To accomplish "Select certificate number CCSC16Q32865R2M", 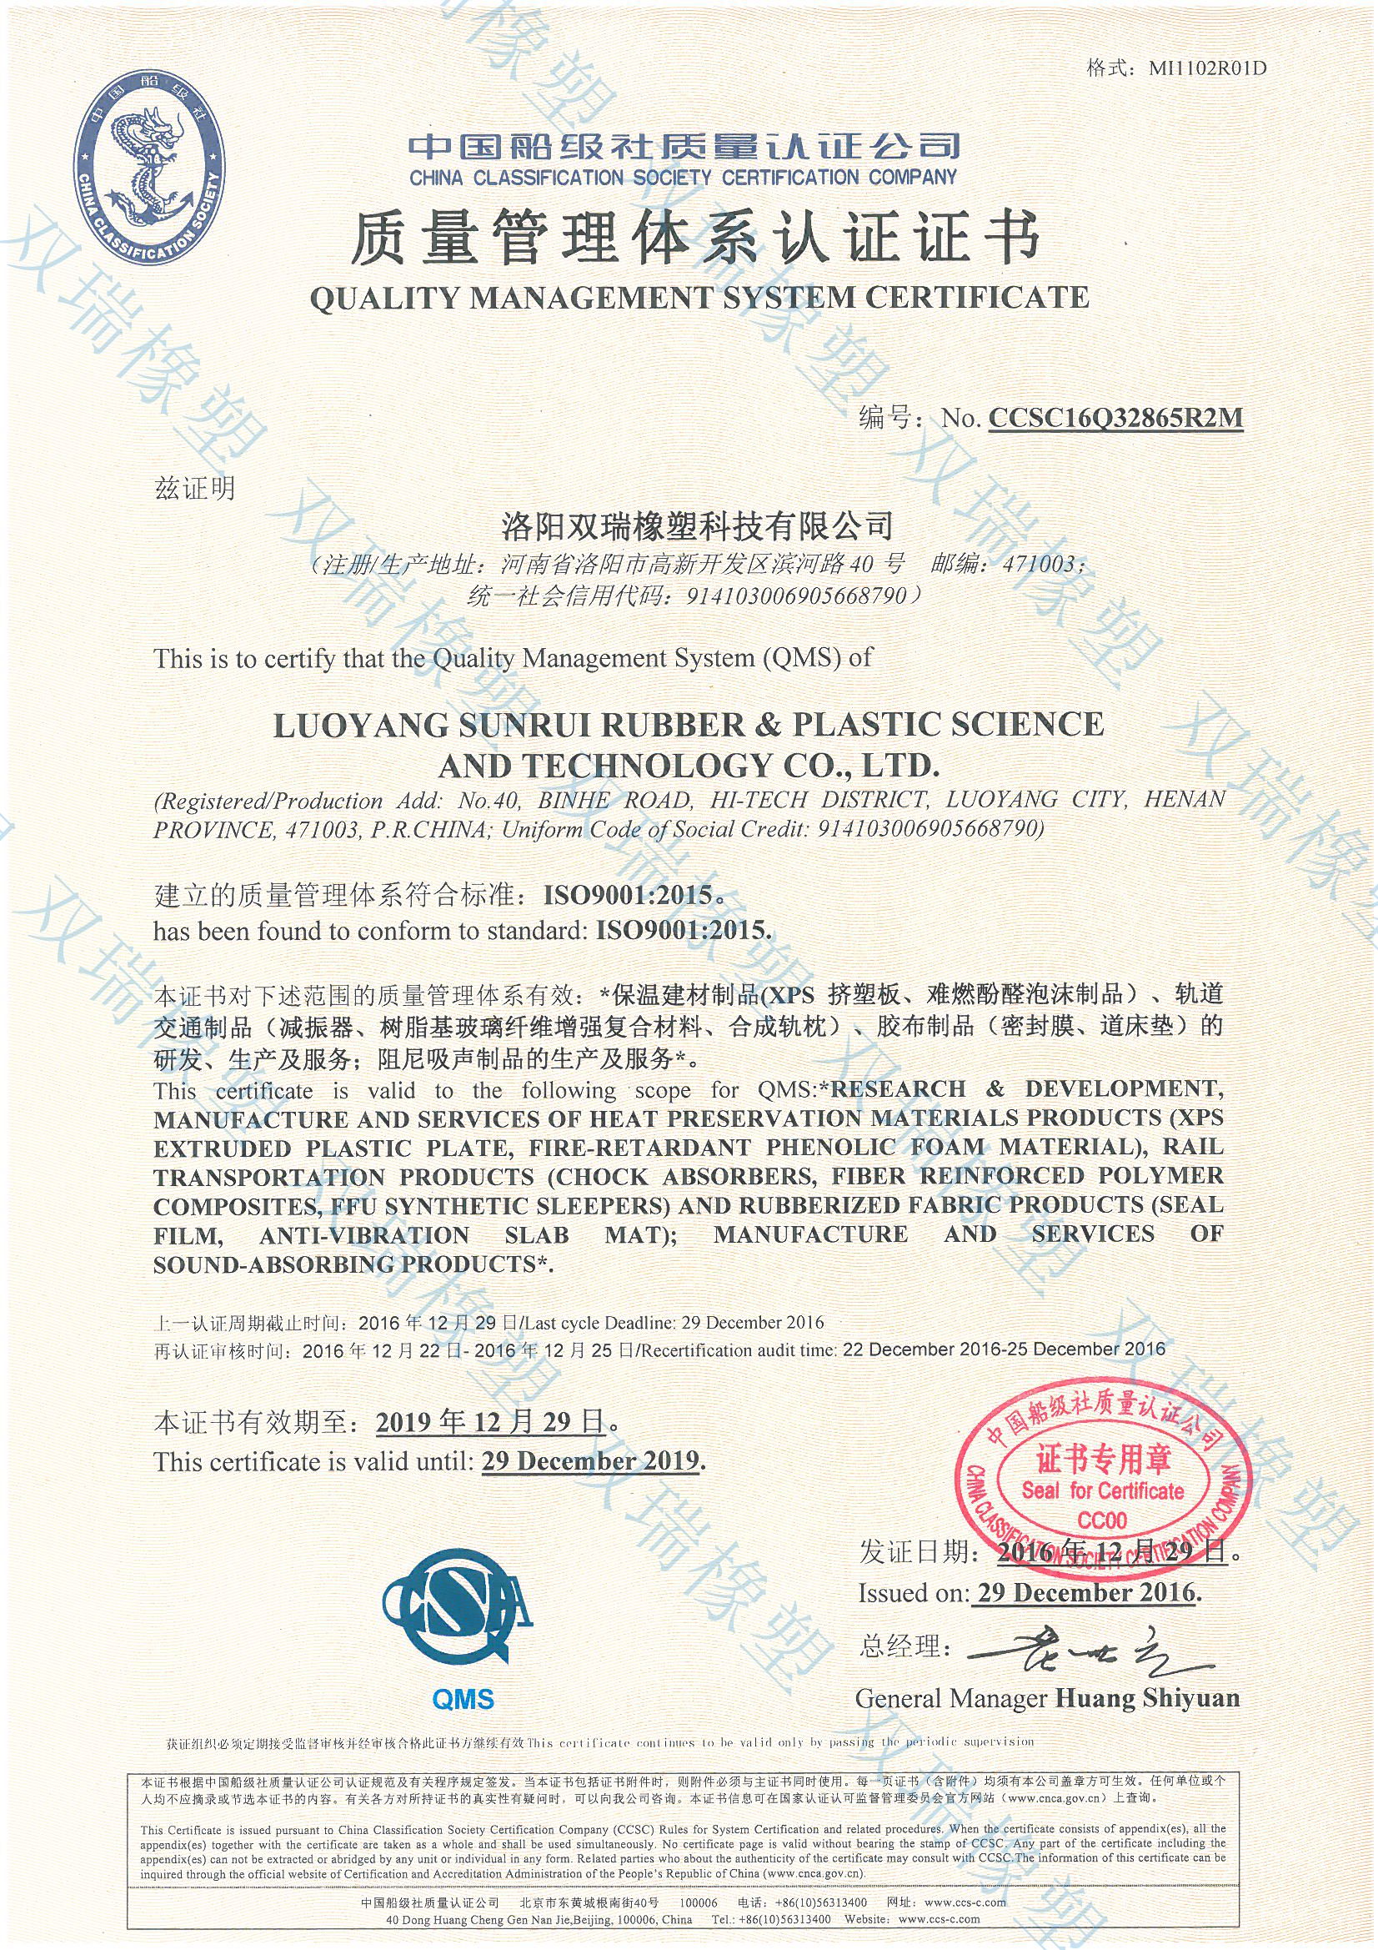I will pos(1115,418).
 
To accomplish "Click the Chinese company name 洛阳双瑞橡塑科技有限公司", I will pos(697,525).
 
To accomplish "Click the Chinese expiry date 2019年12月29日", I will pos(492,1422).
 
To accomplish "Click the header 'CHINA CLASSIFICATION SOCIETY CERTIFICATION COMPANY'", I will pos(683,178).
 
